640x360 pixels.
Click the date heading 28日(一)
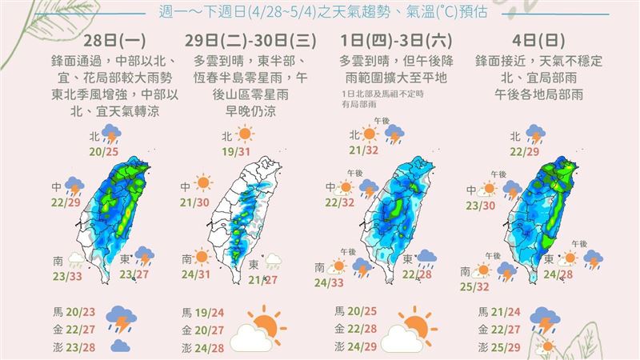pos(120,42)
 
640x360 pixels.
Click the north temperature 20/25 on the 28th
pos(107,151)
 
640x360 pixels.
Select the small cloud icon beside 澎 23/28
pos(120,346)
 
